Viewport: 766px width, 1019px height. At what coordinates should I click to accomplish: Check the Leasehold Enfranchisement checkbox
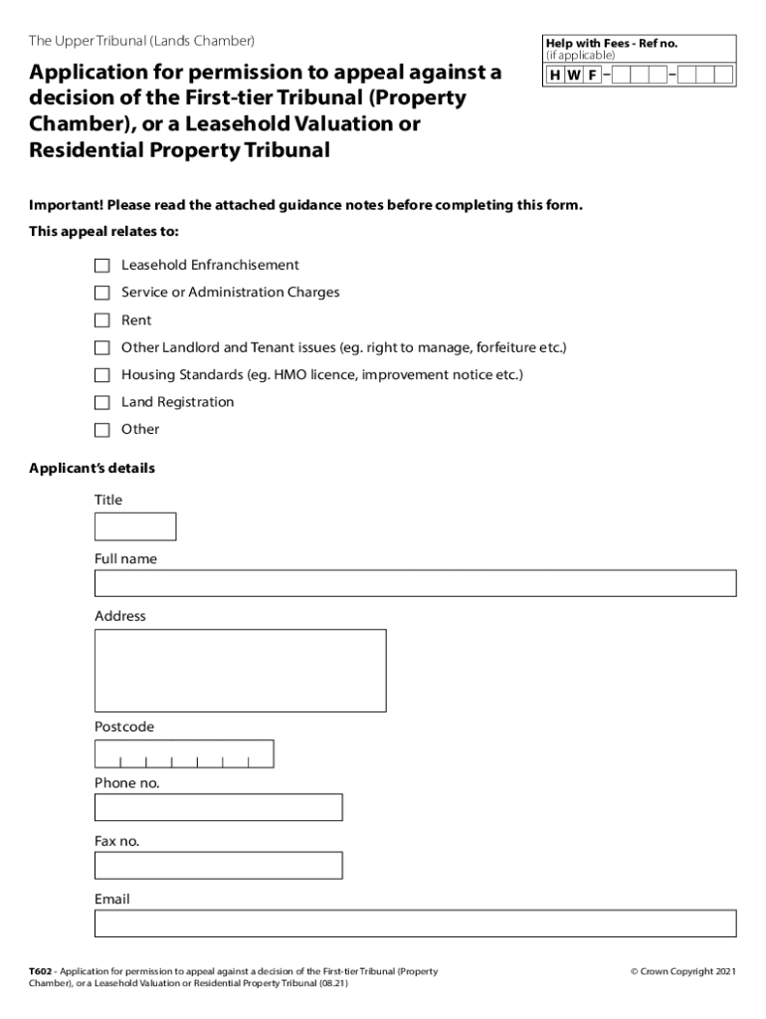point(101,266)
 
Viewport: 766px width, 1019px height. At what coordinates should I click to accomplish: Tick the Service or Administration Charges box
point(101,293)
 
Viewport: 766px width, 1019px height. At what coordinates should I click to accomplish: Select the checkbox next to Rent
point(101,320)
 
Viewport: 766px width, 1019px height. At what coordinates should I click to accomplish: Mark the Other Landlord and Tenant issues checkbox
point(101,348)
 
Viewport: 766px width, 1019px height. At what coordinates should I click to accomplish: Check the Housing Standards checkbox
point(101,375)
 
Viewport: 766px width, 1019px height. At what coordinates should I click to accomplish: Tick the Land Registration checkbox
point(101,403)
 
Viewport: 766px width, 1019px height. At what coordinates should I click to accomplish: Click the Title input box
point(135,526)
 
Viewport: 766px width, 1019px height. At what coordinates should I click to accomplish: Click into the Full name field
point(415,583)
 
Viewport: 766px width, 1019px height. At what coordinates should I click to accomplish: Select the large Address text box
point(240,671)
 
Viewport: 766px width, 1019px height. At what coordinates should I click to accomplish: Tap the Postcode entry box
point(184,754)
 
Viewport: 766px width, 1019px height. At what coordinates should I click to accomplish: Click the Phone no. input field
point(218,807)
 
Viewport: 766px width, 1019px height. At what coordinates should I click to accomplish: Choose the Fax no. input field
point(218,866)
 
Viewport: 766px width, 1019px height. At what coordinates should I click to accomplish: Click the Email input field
point(415,923)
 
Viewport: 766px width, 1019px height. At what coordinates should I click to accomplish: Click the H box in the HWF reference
point(554,76)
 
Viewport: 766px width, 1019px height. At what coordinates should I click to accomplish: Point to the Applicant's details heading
point(92,468)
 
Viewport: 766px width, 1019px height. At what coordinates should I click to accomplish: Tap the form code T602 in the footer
point(40,971)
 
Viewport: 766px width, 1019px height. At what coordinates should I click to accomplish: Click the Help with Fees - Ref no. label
point(611,44)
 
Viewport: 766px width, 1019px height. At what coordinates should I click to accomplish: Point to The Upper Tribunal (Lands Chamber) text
point(142,41)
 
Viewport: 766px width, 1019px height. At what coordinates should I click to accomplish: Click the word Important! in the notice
point(66,205)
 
